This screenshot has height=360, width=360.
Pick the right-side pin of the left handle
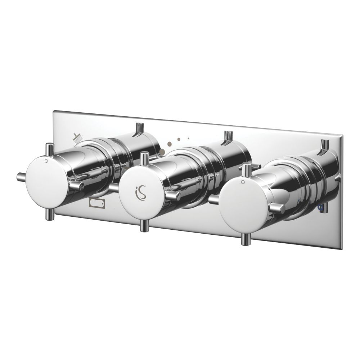[x=76, y=185]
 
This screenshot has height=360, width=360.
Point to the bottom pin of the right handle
[x=247, y=238]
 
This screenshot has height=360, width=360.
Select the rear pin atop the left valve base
[x=138, y=129]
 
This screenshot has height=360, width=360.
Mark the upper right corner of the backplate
[x=342, y=136]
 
